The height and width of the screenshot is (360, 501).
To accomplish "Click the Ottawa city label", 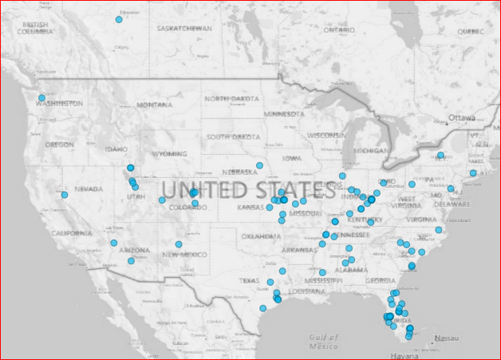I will click(x=461, y=117).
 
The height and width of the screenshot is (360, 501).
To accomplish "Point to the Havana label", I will click(x=405, y=355).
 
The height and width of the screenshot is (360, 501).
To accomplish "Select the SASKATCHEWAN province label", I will click(x=184, y=28).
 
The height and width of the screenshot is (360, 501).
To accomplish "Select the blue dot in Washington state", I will click(x=41, y=98).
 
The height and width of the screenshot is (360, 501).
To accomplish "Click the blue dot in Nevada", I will click(x=64, y=195).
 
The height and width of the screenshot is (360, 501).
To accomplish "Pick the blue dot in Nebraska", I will click(x=259, y=165).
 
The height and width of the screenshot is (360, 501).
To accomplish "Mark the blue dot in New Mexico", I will click(x=179, y=244).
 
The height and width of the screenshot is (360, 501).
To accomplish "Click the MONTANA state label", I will click(x=154, y=105).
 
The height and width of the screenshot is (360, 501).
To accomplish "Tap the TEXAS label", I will click(x=250, y=281).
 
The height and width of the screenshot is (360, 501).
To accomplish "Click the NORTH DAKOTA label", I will click(x=232, y=98).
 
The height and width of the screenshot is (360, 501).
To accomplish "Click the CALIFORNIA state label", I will click(x=71, y=233).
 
